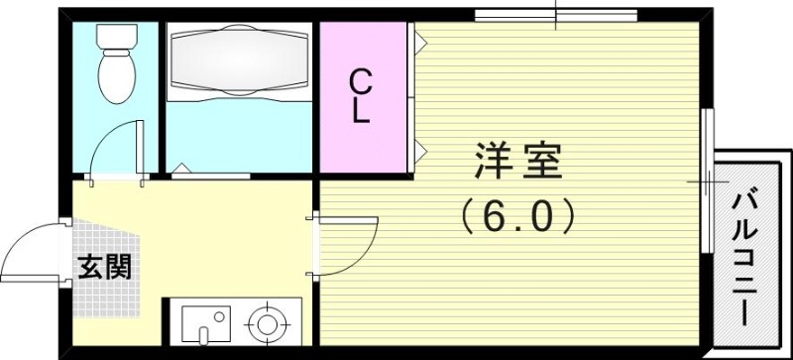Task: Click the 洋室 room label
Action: pos(517,162)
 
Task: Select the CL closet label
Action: pos(361,96)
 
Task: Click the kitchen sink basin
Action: pos(206,324)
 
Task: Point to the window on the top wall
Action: pos(555,14)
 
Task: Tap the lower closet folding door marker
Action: pos(420,151)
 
